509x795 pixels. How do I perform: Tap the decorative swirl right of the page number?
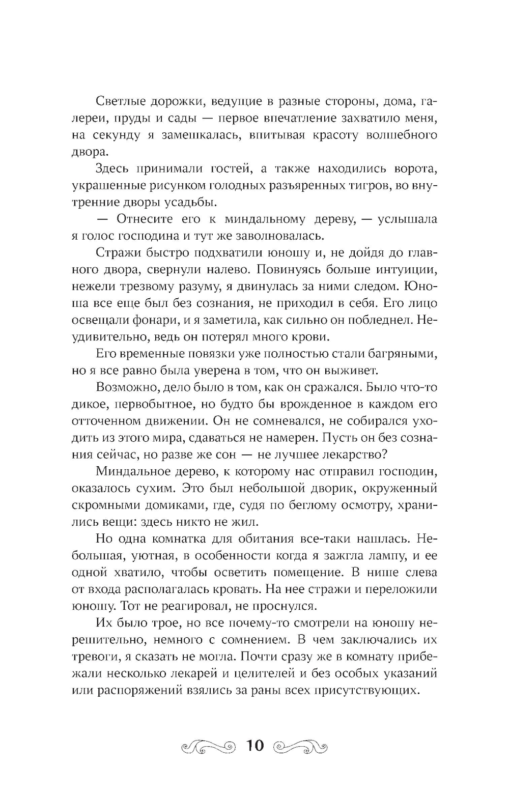[x=300, y=747]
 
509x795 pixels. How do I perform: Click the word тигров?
[x=364, y=186]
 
